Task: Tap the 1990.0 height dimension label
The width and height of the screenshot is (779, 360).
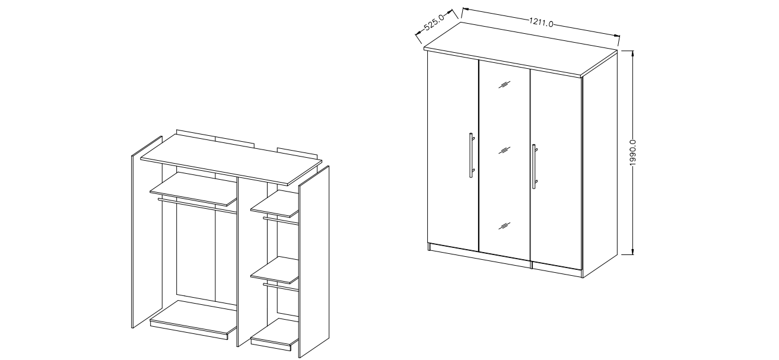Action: pyautogui.click(x=632, y=153)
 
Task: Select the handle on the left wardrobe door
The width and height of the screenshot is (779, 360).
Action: pyautogui.click(x=472, y=155)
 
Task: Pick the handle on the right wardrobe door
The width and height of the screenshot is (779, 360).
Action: pyautogui.click(x=535, y=167)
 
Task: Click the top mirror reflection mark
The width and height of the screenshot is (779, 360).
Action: pyautogui.click(x=504, y=84)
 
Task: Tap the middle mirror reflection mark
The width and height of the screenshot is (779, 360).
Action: pyautogui.click(x=504, y=150)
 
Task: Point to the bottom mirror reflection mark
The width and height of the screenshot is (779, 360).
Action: pyautogui.click(x=504, y=226)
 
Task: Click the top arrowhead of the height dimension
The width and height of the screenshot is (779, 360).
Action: pyautogui.click(x=632, y=53)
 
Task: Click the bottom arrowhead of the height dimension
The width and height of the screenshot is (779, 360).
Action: pyautogui.click(x=632, y=251)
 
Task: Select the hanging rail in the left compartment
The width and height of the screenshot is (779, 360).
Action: pyautogui.click(x=197, y=205)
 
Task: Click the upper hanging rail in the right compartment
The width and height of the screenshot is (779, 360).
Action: pyautogui.click(x=281, y=221)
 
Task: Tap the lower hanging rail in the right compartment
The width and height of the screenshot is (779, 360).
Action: pyautogui.click(x=281, y=287)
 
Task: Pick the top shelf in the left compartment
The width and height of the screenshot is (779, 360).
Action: pyautogui.click(x=193, y=189)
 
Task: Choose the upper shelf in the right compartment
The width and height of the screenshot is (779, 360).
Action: pyautogui.click(x=275, y=203)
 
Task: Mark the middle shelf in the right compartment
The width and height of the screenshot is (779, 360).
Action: pyautogui.click(x=275, y=270)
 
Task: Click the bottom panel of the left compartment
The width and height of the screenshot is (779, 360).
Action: pyautogui.click(x=193, y=320)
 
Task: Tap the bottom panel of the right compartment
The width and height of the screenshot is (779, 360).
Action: pyautogui.click(x=275, y=333)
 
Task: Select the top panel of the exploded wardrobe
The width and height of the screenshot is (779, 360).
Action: pyautogui.click(x=231, y=160)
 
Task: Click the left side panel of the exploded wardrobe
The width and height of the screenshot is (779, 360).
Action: pyautogui.click(x=147, y=232)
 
